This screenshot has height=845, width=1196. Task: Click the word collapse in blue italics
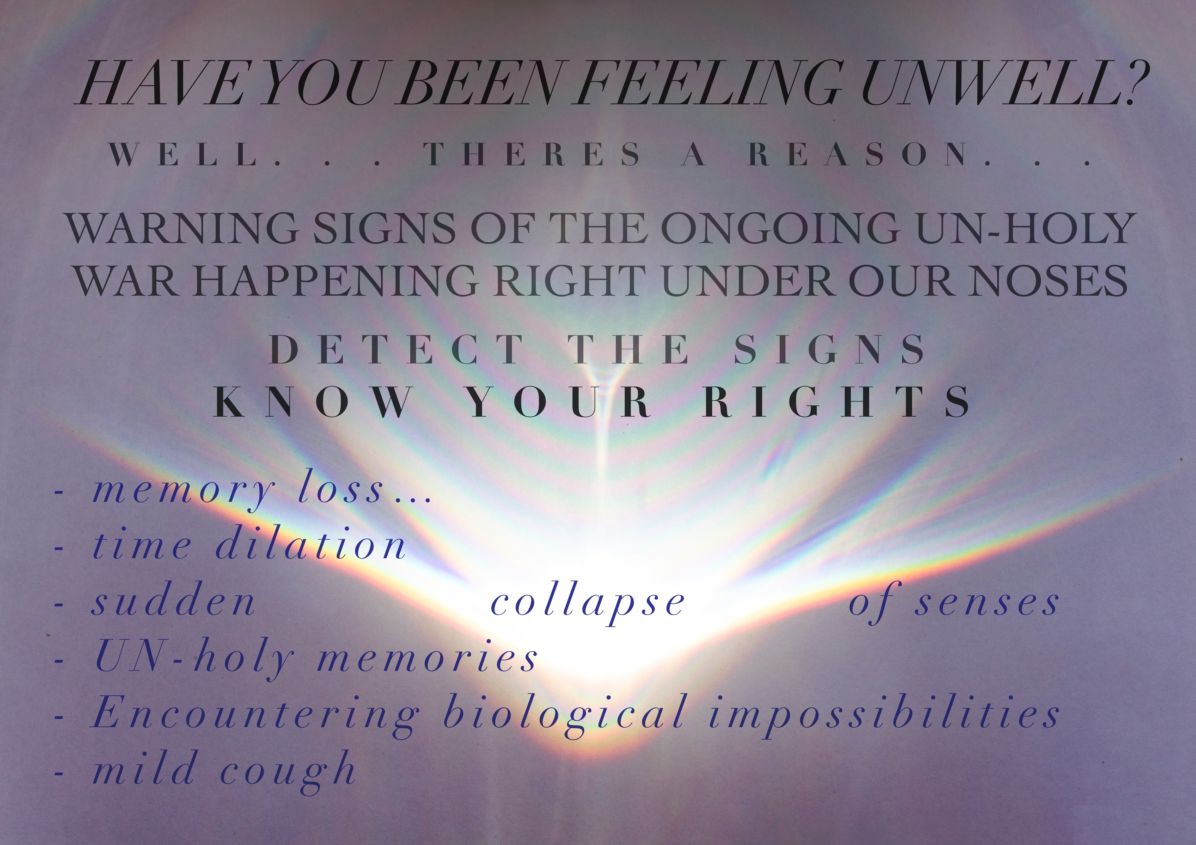pos(588,603)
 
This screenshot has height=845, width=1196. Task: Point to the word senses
pos(987,603)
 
